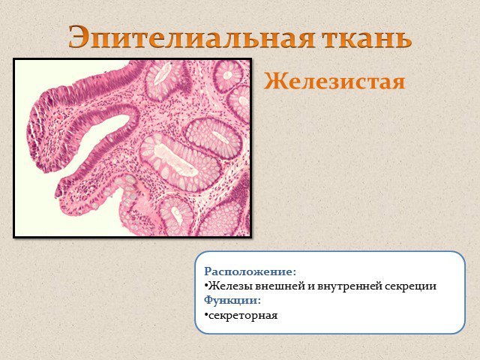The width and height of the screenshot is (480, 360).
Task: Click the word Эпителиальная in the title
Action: pos(191,37)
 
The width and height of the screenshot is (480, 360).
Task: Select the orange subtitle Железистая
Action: pos(334,82)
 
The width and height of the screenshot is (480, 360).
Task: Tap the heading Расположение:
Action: pos(250,271)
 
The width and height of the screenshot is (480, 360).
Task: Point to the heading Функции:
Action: pos(232,300)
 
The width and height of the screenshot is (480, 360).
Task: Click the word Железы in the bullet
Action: pos(230,286)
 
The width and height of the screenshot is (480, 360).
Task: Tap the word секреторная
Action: pos(243,316)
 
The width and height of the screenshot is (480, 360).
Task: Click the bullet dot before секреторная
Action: pos(206,314)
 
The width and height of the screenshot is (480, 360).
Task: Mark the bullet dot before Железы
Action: pos(206,286)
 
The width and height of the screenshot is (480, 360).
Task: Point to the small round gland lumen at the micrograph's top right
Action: pos(227,75)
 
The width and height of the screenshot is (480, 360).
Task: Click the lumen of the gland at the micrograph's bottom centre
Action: pos(177,214)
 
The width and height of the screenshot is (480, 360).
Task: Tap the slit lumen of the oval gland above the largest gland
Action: pos(221,137)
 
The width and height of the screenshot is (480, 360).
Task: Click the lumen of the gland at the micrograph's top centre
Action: pos(162,74)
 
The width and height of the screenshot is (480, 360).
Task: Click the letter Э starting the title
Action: pos(79,37)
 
